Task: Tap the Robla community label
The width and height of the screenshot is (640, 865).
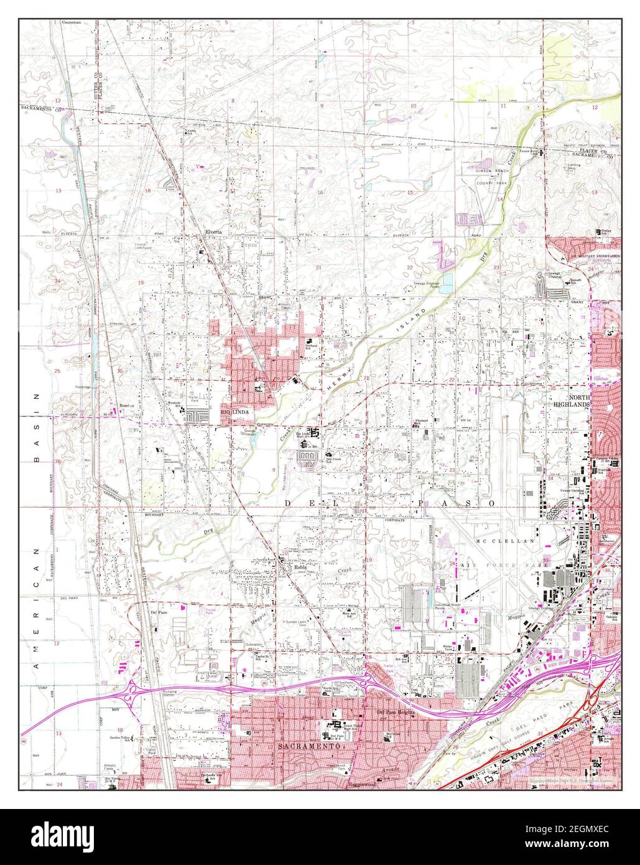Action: (301, 567)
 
